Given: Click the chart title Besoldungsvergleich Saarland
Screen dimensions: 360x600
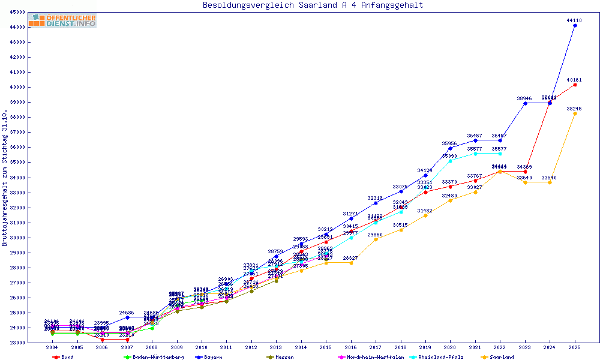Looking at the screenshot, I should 313,5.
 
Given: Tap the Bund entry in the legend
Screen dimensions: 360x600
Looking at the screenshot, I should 67,357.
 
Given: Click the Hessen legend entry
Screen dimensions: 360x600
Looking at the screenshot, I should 284,357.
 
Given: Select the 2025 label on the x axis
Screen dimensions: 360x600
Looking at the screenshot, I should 575,348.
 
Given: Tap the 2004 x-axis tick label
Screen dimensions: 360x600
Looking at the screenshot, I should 52,348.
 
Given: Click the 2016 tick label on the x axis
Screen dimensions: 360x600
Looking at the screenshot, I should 351,348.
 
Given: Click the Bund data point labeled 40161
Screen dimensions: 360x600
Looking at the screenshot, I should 575,85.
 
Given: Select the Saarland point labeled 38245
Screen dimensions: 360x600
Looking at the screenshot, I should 575,113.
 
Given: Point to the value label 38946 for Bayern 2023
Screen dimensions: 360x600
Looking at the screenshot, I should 524,98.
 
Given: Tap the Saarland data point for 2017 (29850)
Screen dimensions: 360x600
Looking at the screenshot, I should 376,239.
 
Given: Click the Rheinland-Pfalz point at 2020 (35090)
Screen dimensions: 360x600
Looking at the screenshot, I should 450,161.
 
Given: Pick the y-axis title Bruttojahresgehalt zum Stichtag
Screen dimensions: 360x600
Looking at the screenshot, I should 5,178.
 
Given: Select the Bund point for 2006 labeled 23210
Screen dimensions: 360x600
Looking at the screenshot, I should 102,340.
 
